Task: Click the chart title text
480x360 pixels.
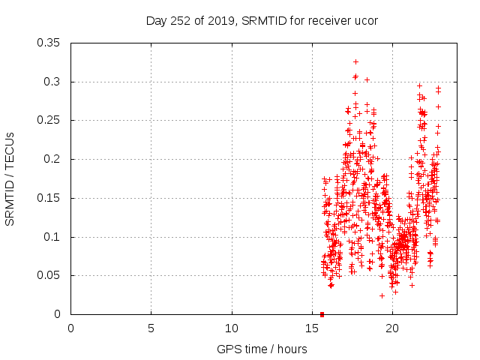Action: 261,21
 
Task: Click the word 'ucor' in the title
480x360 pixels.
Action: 364,21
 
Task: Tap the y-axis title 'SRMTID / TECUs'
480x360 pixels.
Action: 10,178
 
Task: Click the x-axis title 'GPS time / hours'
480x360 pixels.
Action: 261,349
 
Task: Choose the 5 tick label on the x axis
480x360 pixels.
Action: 151,328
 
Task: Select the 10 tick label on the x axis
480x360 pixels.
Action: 232,328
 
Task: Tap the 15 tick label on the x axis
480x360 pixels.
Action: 312,328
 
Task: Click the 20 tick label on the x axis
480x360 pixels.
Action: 392,328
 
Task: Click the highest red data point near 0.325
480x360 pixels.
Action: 355,61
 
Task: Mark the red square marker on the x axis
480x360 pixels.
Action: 322,313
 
